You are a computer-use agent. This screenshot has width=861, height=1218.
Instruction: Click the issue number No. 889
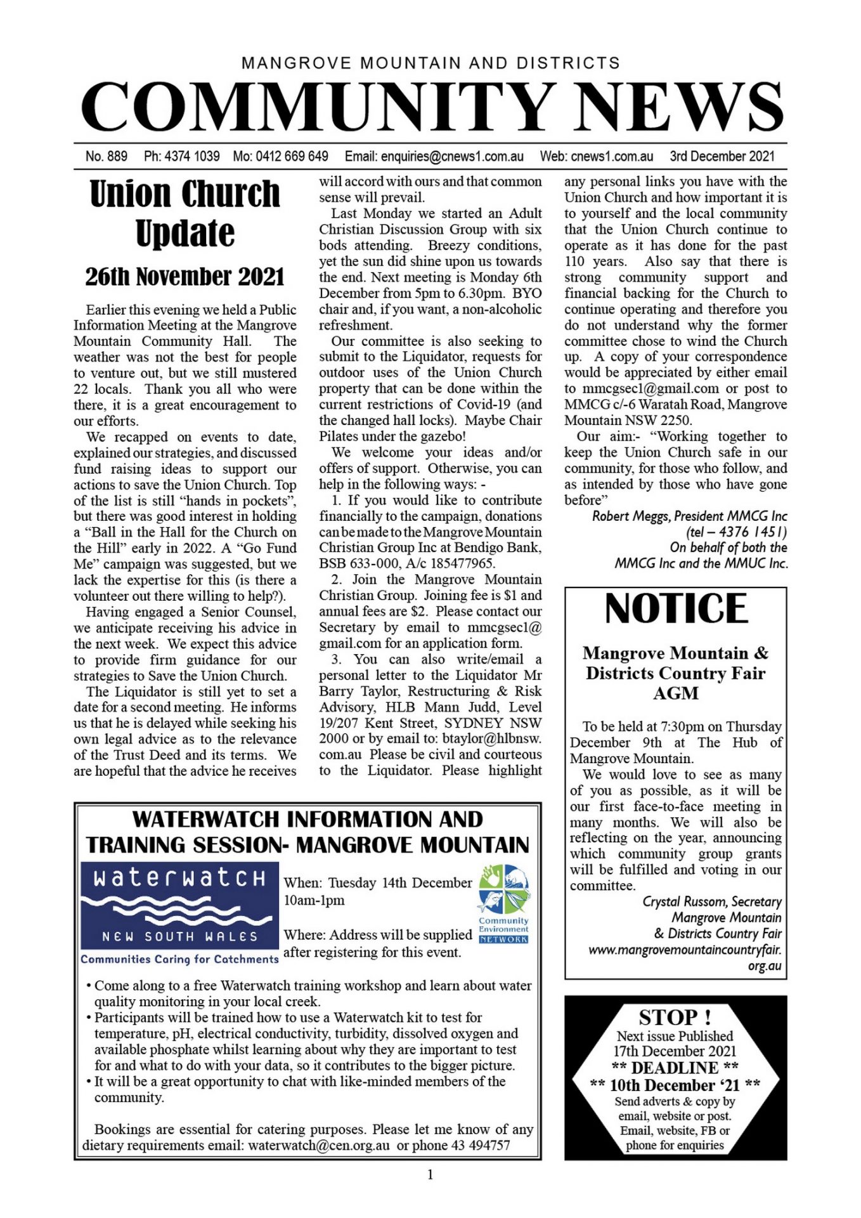[107, 156]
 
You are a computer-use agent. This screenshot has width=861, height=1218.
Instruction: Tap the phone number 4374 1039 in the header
[191, 156]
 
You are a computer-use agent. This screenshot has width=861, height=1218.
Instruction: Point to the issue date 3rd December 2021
[722, 156]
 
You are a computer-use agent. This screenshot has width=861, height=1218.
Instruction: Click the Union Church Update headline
[184, 213]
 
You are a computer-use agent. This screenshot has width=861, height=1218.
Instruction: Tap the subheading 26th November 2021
[184, 277]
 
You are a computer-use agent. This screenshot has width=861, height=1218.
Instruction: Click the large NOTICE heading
[676, 609]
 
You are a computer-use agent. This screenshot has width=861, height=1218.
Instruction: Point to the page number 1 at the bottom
[430, 1175]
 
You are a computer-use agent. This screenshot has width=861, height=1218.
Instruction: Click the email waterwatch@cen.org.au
[319, 1145]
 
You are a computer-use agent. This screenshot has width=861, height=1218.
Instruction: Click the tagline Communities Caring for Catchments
[179, 959]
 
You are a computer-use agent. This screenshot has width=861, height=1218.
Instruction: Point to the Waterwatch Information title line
[307, 820]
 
